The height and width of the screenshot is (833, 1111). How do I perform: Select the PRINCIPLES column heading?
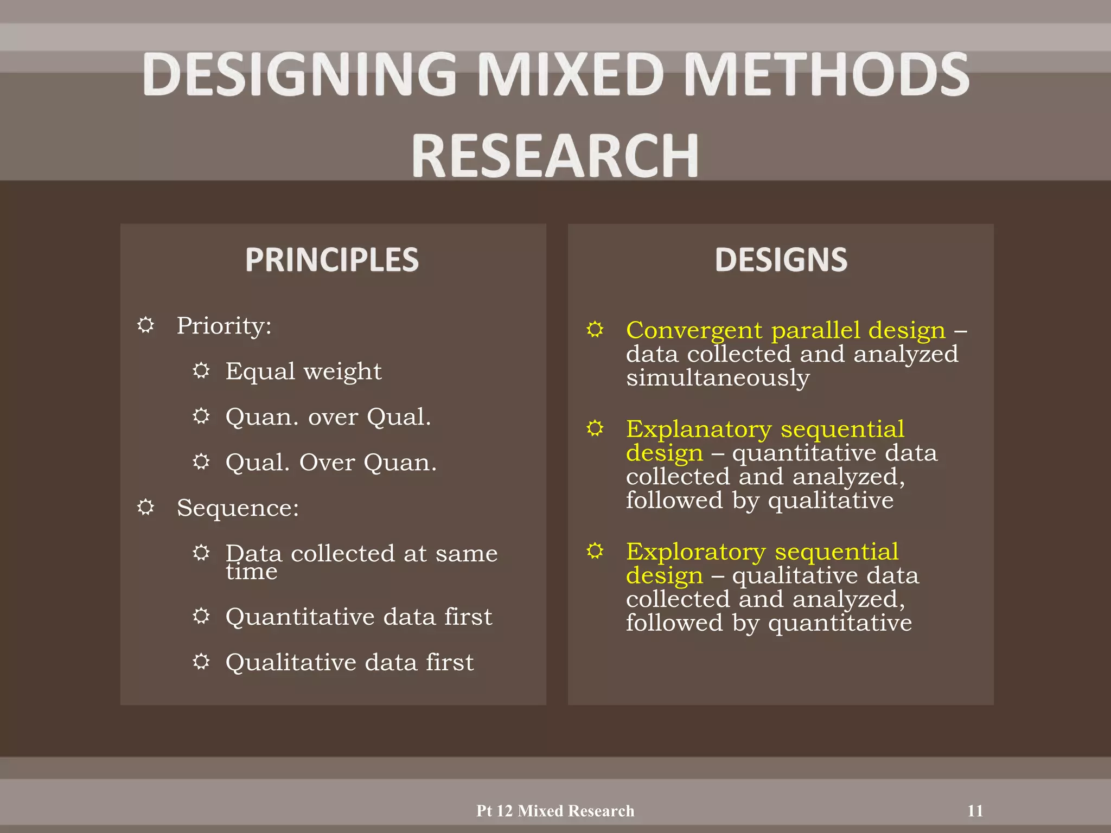click(x=332, y=259)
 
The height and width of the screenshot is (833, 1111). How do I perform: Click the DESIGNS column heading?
click(x=781, y=259)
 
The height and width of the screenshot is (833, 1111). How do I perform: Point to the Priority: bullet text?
click(x=224, y=326)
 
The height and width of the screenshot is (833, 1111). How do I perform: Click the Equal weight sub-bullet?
click(x=303, y=371)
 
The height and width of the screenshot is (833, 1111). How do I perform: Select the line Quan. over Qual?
click(x=328, y=417)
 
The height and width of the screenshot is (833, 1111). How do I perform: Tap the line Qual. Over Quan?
click(x=331, y=463)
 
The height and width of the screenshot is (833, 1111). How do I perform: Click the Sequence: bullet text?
click(x=238, y=508)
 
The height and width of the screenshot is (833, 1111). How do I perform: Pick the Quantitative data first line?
click(x=359, y=617)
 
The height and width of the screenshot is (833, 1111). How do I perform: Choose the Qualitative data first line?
click(x=349, y=663)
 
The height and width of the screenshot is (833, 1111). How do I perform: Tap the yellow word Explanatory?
click(x=698, y=429)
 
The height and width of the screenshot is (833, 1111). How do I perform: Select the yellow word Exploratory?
click(x=695, y=552)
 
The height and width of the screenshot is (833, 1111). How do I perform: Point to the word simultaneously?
click(x=717, y=378)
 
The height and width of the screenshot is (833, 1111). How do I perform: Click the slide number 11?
click(x=975, y=811)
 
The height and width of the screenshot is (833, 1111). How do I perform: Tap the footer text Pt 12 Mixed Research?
click(x=555, y=811)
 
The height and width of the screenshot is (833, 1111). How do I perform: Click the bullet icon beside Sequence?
click(x=145, y=507)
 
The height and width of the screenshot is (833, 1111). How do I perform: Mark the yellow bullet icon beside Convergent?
click(x=595, y=329)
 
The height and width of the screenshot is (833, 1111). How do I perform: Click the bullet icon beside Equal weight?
click(x=201, y=370)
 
